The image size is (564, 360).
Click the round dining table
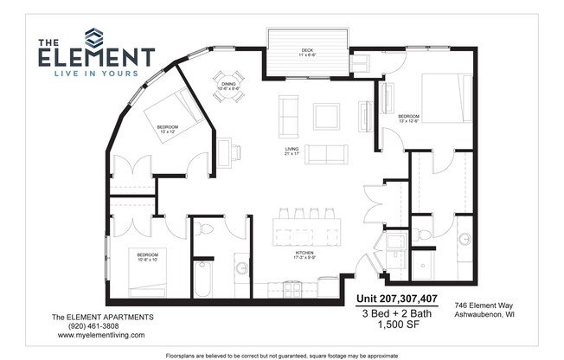click(x=229, y=86)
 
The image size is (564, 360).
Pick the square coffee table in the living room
click(x=326, y=116)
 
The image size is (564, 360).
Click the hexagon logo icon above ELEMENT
click(x=93, y=37)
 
